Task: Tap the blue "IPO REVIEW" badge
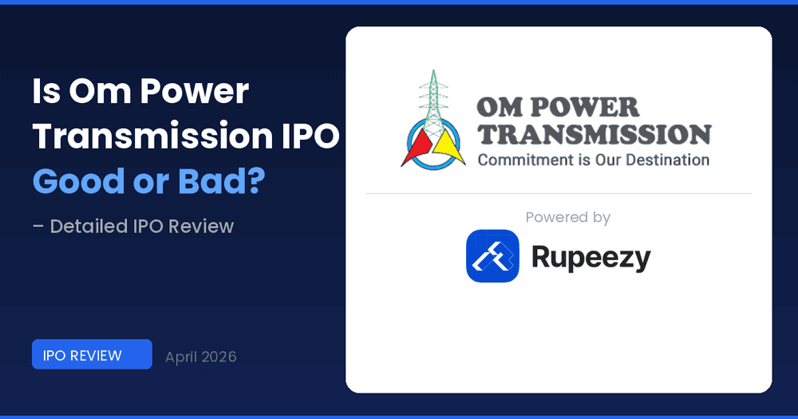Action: click(x=92, y=354)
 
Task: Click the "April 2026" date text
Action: click(x=200, y=357)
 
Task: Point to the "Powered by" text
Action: click(x=567, y=217)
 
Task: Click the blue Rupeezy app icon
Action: click(x=492, y=256)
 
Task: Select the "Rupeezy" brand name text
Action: click(x=591, y=257)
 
